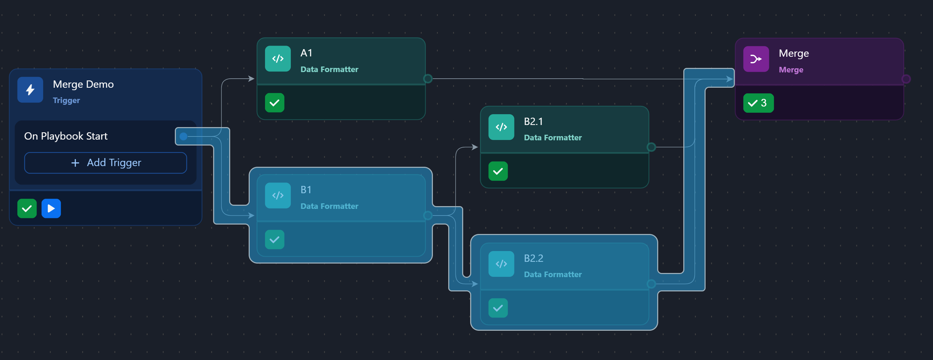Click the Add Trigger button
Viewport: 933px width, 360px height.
tap(106, 163)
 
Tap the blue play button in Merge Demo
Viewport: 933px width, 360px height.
tap(51, 208)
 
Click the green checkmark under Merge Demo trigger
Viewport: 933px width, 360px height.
tap(27, 208)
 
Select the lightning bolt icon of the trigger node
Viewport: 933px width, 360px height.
tap(30, 90)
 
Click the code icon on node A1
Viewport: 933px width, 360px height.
tap(278, 59)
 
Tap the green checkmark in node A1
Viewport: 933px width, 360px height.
tap(274, 103)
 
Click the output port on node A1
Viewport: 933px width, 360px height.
tap(428, 79)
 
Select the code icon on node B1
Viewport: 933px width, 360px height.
tap(278, 196)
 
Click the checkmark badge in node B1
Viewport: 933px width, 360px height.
tap(274, 240)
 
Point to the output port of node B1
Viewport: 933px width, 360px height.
tap(428, 216)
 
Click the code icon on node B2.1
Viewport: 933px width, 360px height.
tap(501, 127)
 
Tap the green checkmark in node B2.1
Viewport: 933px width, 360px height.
tap(498, 171)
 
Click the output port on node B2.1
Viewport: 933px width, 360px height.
tap(651, 147)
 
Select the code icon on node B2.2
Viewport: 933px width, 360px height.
tap(501, 264)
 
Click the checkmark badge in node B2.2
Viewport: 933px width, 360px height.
tap(498, 308)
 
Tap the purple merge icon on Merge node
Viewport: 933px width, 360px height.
tap(756, 59)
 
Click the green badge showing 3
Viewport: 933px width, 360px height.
tap(758, 103)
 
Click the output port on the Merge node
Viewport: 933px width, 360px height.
tap(906, 79)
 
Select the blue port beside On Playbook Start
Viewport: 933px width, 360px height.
tap(183, 136)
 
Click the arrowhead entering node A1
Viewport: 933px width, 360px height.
tap(251, 79)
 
